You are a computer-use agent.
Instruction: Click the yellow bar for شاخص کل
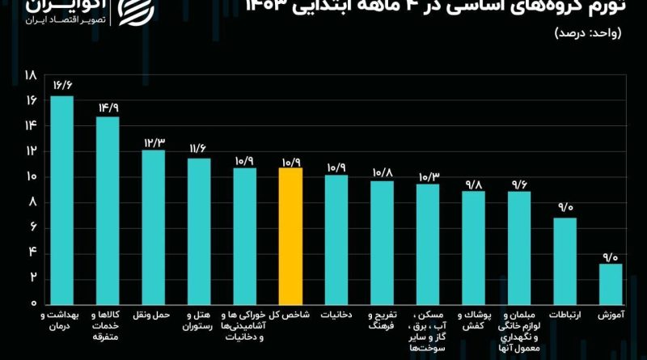click(x=290, y=235)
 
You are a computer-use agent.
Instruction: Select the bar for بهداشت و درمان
click(x=61, y=198)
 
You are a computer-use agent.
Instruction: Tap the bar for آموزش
click(x=611, y=282)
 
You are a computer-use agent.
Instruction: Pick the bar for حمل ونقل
click(x=153, y=226)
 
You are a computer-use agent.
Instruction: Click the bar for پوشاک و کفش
click(x=473, y=246)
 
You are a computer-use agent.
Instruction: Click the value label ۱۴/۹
click(x=108, y=107)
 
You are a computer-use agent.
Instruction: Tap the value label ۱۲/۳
click(x=154, y=141)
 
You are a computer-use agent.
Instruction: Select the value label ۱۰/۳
click(x=428, y=176)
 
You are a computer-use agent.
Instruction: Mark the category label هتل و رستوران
click(x=199, y=319)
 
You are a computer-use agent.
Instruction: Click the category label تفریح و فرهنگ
click(x=382, y=319)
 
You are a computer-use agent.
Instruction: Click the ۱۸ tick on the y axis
click(x=32, y=74)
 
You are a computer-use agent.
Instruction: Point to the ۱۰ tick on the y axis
click(x=32, y=176)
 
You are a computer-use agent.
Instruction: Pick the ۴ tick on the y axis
click(x=33, y=252)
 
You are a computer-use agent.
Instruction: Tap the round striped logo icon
click(x=134, y=11)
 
